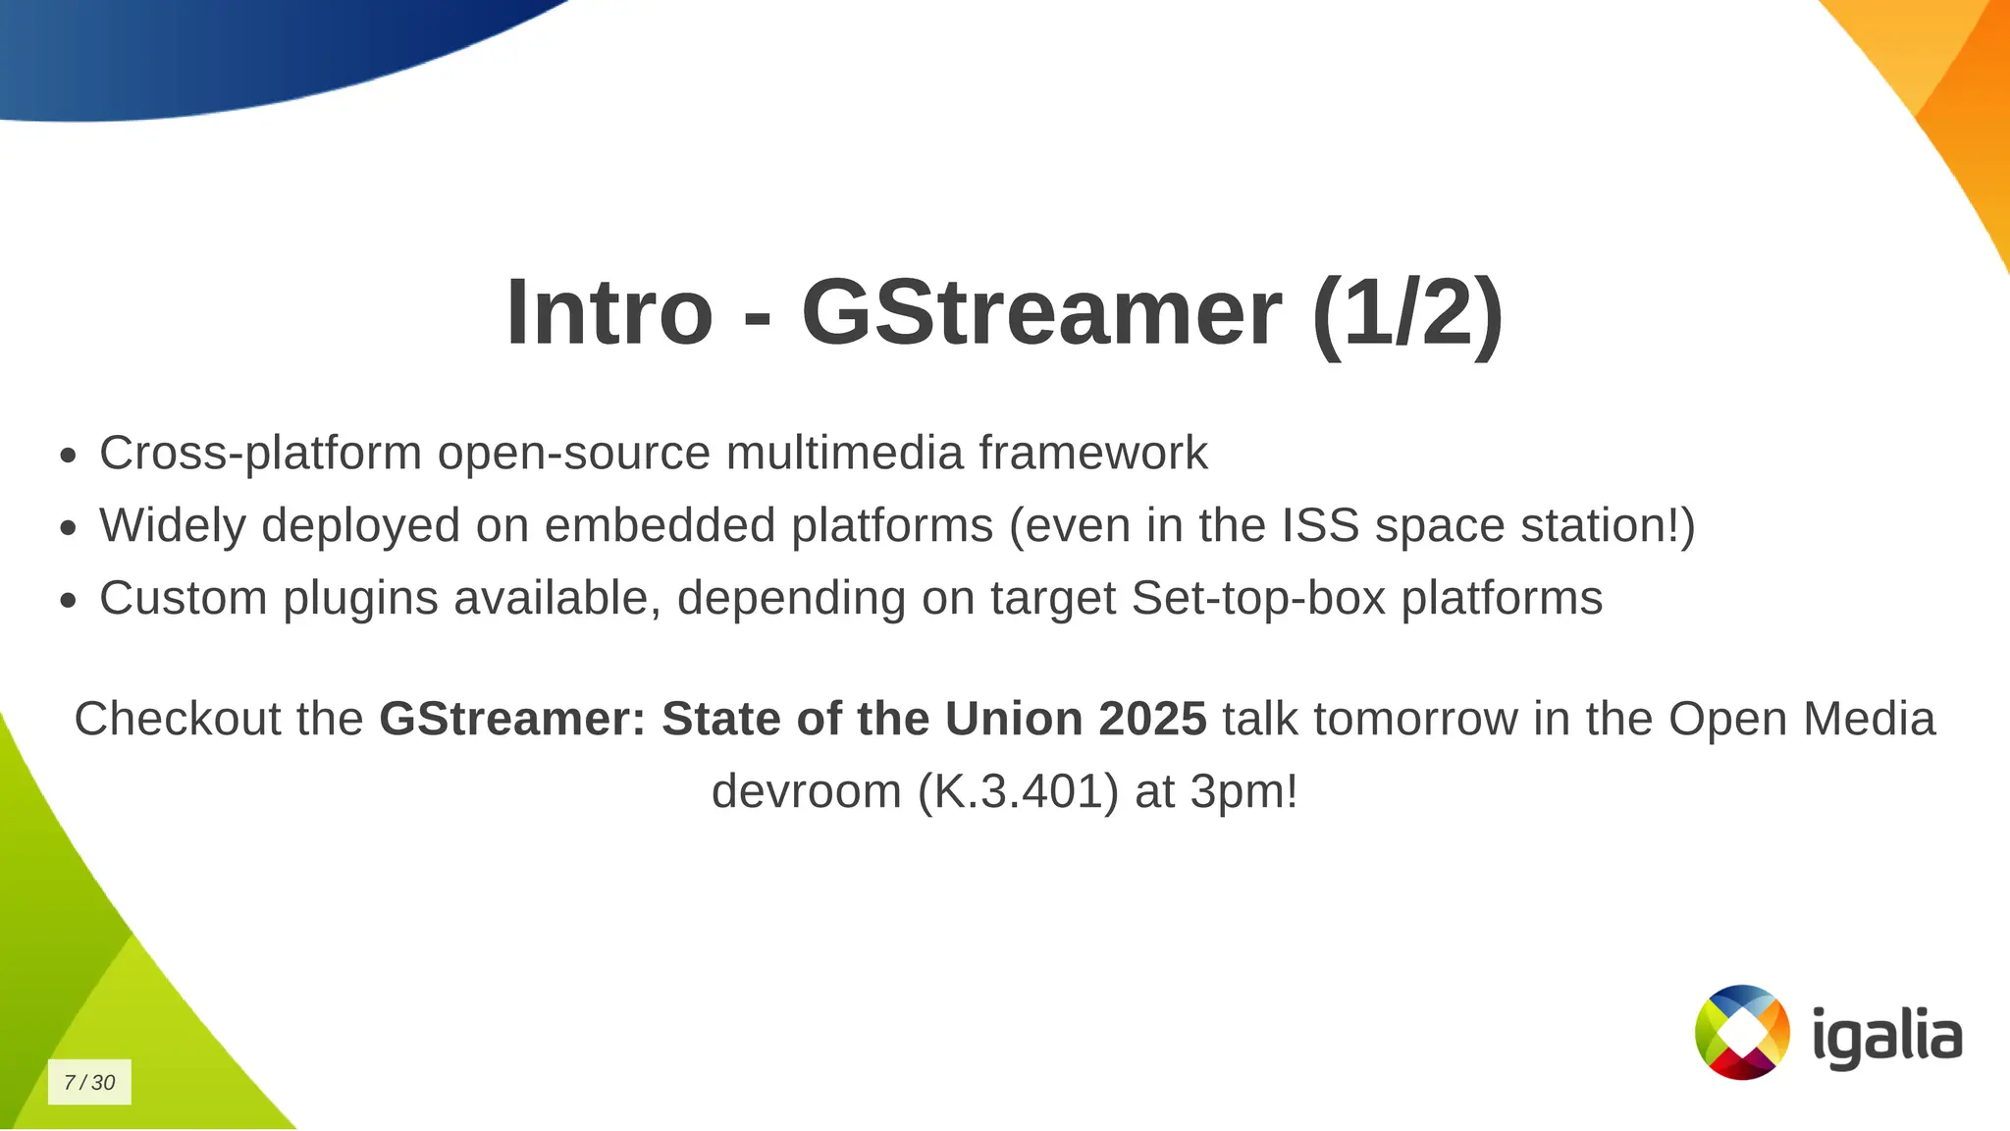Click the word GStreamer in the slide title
click(1041, 312)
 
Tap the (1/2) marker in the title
click(1407, 312)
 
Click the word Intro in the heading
click(608, 312)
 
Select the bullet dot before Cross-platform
click(68, 456)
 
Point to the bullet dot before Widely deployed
click(68, 528)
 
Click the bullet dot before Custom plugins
click(68, 601)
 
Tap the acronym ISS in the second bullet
click(1320, 524)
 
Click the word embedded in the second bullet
click(660, 524)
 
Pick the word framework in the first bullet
click(1092, 453)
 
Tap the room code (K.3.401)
click(1018, 790)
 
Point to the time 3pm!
click(1243, 790)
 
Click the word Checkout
click(177, 718)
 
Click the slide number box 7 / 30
click(89, 1082)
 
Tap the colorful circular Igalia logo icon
click(1742, 1032)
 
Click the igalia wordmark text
click(1886, 1037)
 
